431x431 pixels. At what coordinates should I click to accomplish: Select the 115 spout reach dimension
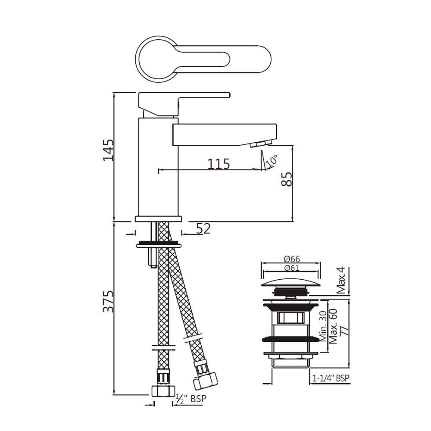219,164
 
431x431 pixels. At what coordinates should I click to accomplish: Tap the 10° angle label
272,161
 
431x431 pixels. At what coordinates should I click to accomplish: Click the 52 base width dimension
203,228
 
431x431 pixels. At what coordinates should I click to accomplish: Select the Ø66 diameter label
292,259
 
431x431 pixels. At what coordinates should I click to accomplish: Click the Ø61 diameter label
292,268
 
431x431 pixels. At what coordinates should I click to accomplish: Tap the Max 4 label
341,281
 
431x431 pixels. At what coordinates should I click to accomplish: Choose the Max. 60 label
333,326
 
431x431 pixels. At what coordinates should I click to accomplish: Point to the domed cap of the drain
291,284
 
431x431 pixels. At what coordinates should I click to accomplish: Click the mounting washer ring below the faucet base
158,245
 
